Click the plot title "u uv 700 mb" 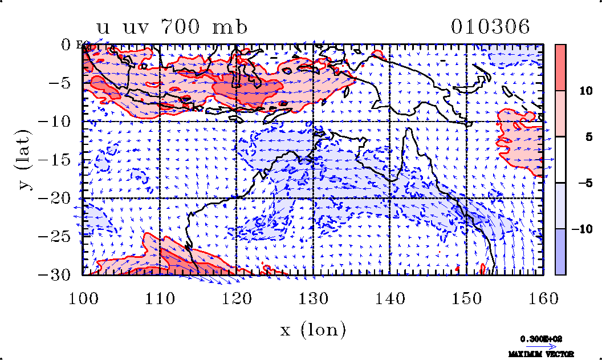(172, 27)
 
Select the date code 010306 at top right (490, 27)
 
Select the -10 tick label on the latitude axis (54, 122)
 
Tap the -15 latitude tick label (54, 160)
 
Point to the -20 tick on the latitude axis (54, 198)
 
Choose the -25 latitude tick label (54, 236)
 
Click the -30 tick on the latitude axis (54, 274)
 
